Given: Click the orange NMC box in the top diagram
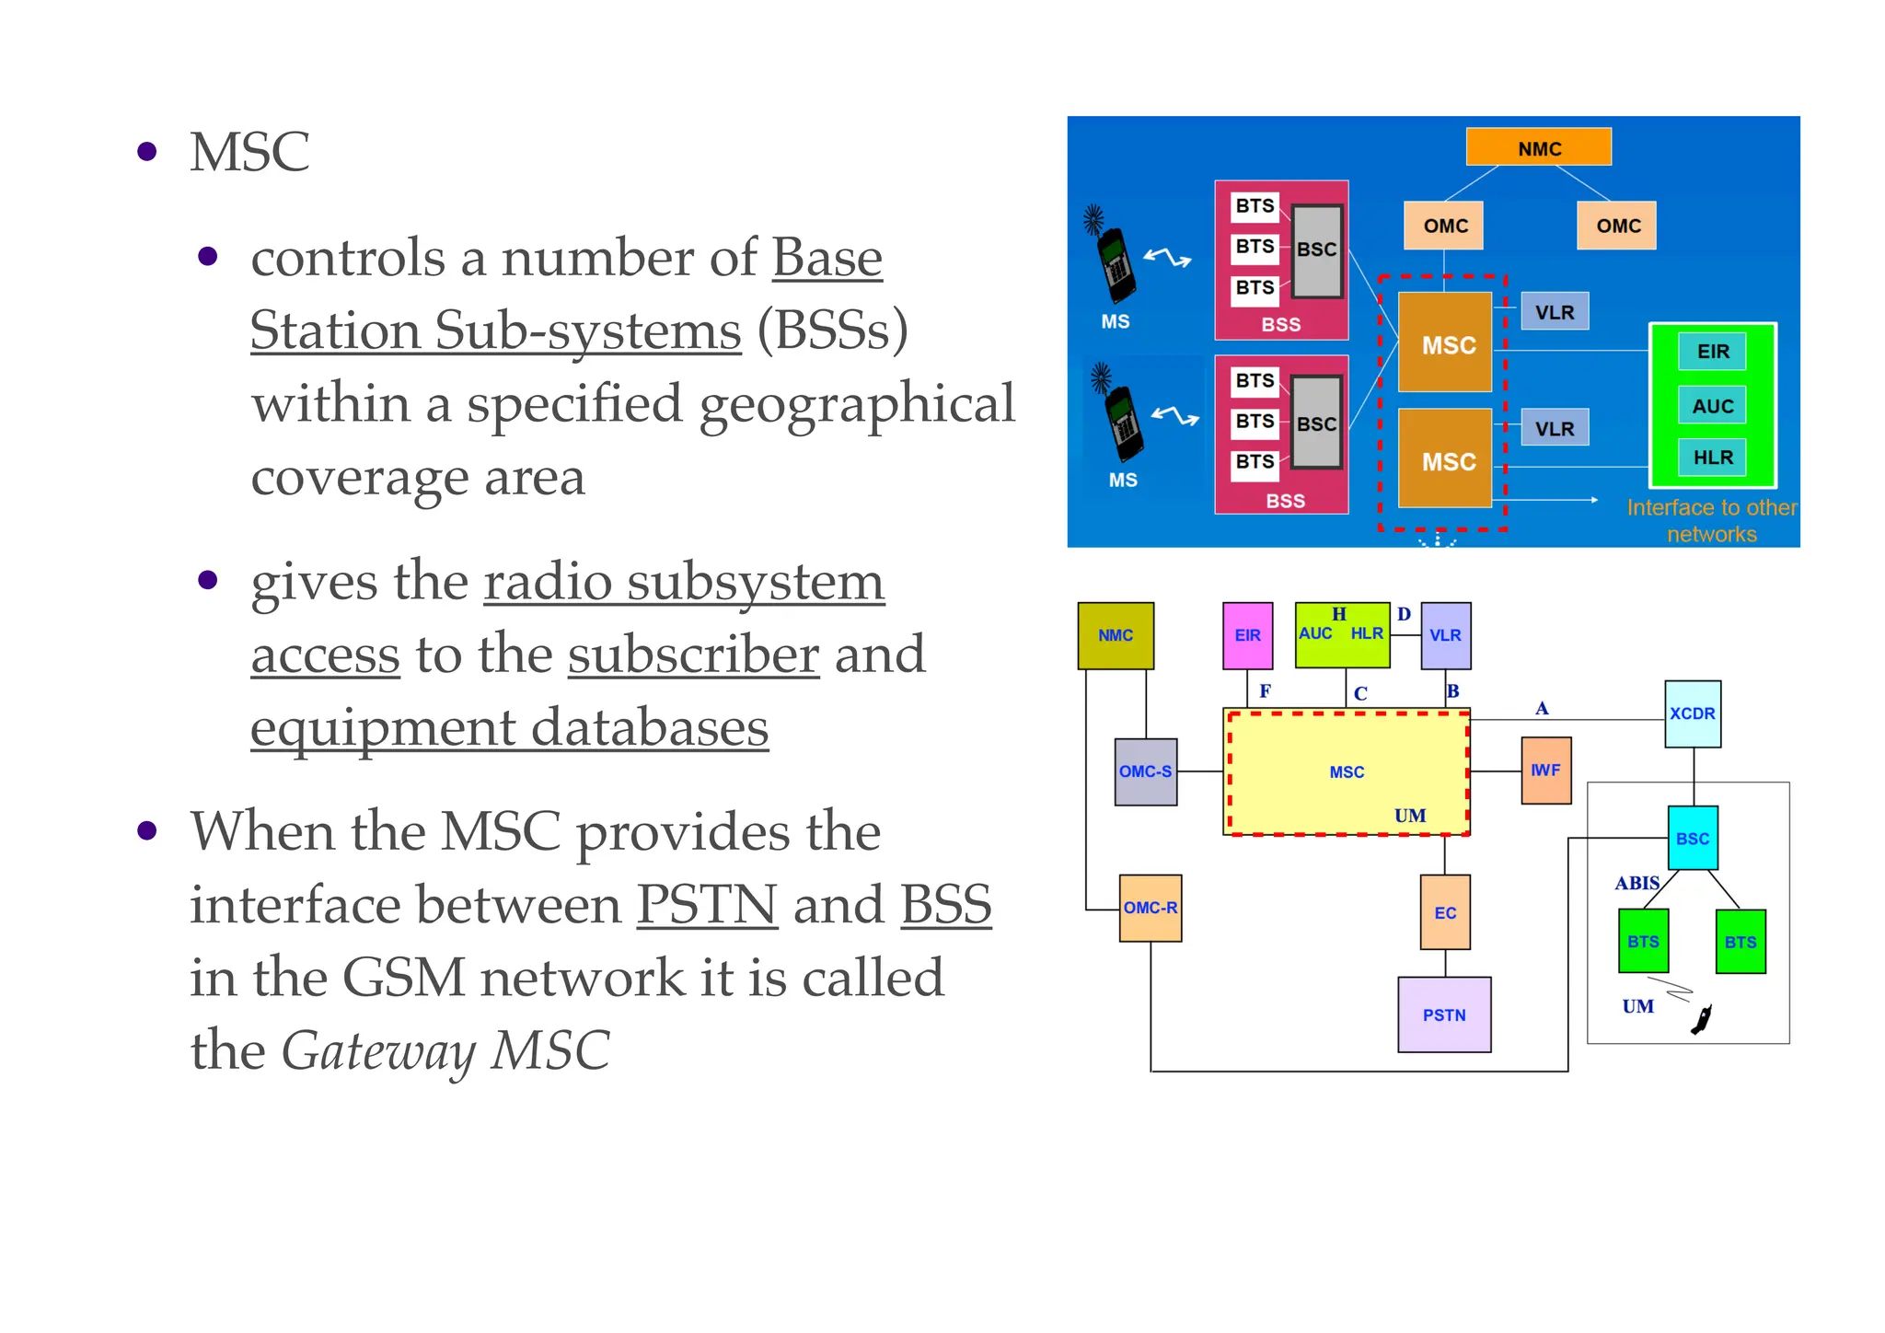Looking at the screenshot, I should [x=1538, y=147].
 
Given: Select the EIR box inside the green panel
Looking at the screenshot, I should [x=1712, y=352].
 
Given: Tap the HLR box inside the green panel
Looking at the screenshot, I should [x=1712, y=458].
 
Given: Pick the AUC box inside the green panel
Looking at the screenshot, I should [x=1712, y=406].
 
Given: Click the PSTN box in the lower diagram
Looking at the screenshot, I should [x=1443, y=1014].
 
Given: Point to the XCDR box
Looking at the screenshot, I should [x=1692, y=713].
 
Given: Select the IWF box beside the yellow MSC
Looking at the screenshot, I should [x=1545, y=771].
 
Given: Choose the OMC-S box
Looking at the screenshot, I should [x=1145, y=771].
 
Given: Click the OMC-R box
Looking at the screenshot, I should [x=1150, y=908].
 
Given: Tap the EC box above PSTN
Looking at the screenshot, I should [x=1444, y=912].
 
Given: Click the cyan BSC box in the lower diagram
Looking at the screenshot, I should [x=1692, y=839].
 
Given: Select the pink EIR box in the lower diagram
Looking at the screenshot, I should [x=1247, y=635].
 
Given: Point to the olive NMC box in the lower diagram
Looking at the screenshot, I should [x=1115, y=635].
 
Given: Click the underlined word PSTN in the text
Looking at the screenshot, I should [x=707, y=905].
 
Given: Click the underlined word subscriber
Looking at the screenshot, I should [x=693, y=655].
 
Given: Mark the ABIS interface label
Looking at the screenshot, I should [x=1636, y=884].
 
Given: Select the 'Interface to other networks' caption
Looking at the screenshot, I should [x=1711, y=521].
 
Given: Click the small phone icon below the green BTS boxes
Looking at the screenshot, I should [x=1702, y=1019].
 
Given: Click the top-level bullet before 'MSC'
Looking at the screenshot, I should [x=147, y=152].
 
